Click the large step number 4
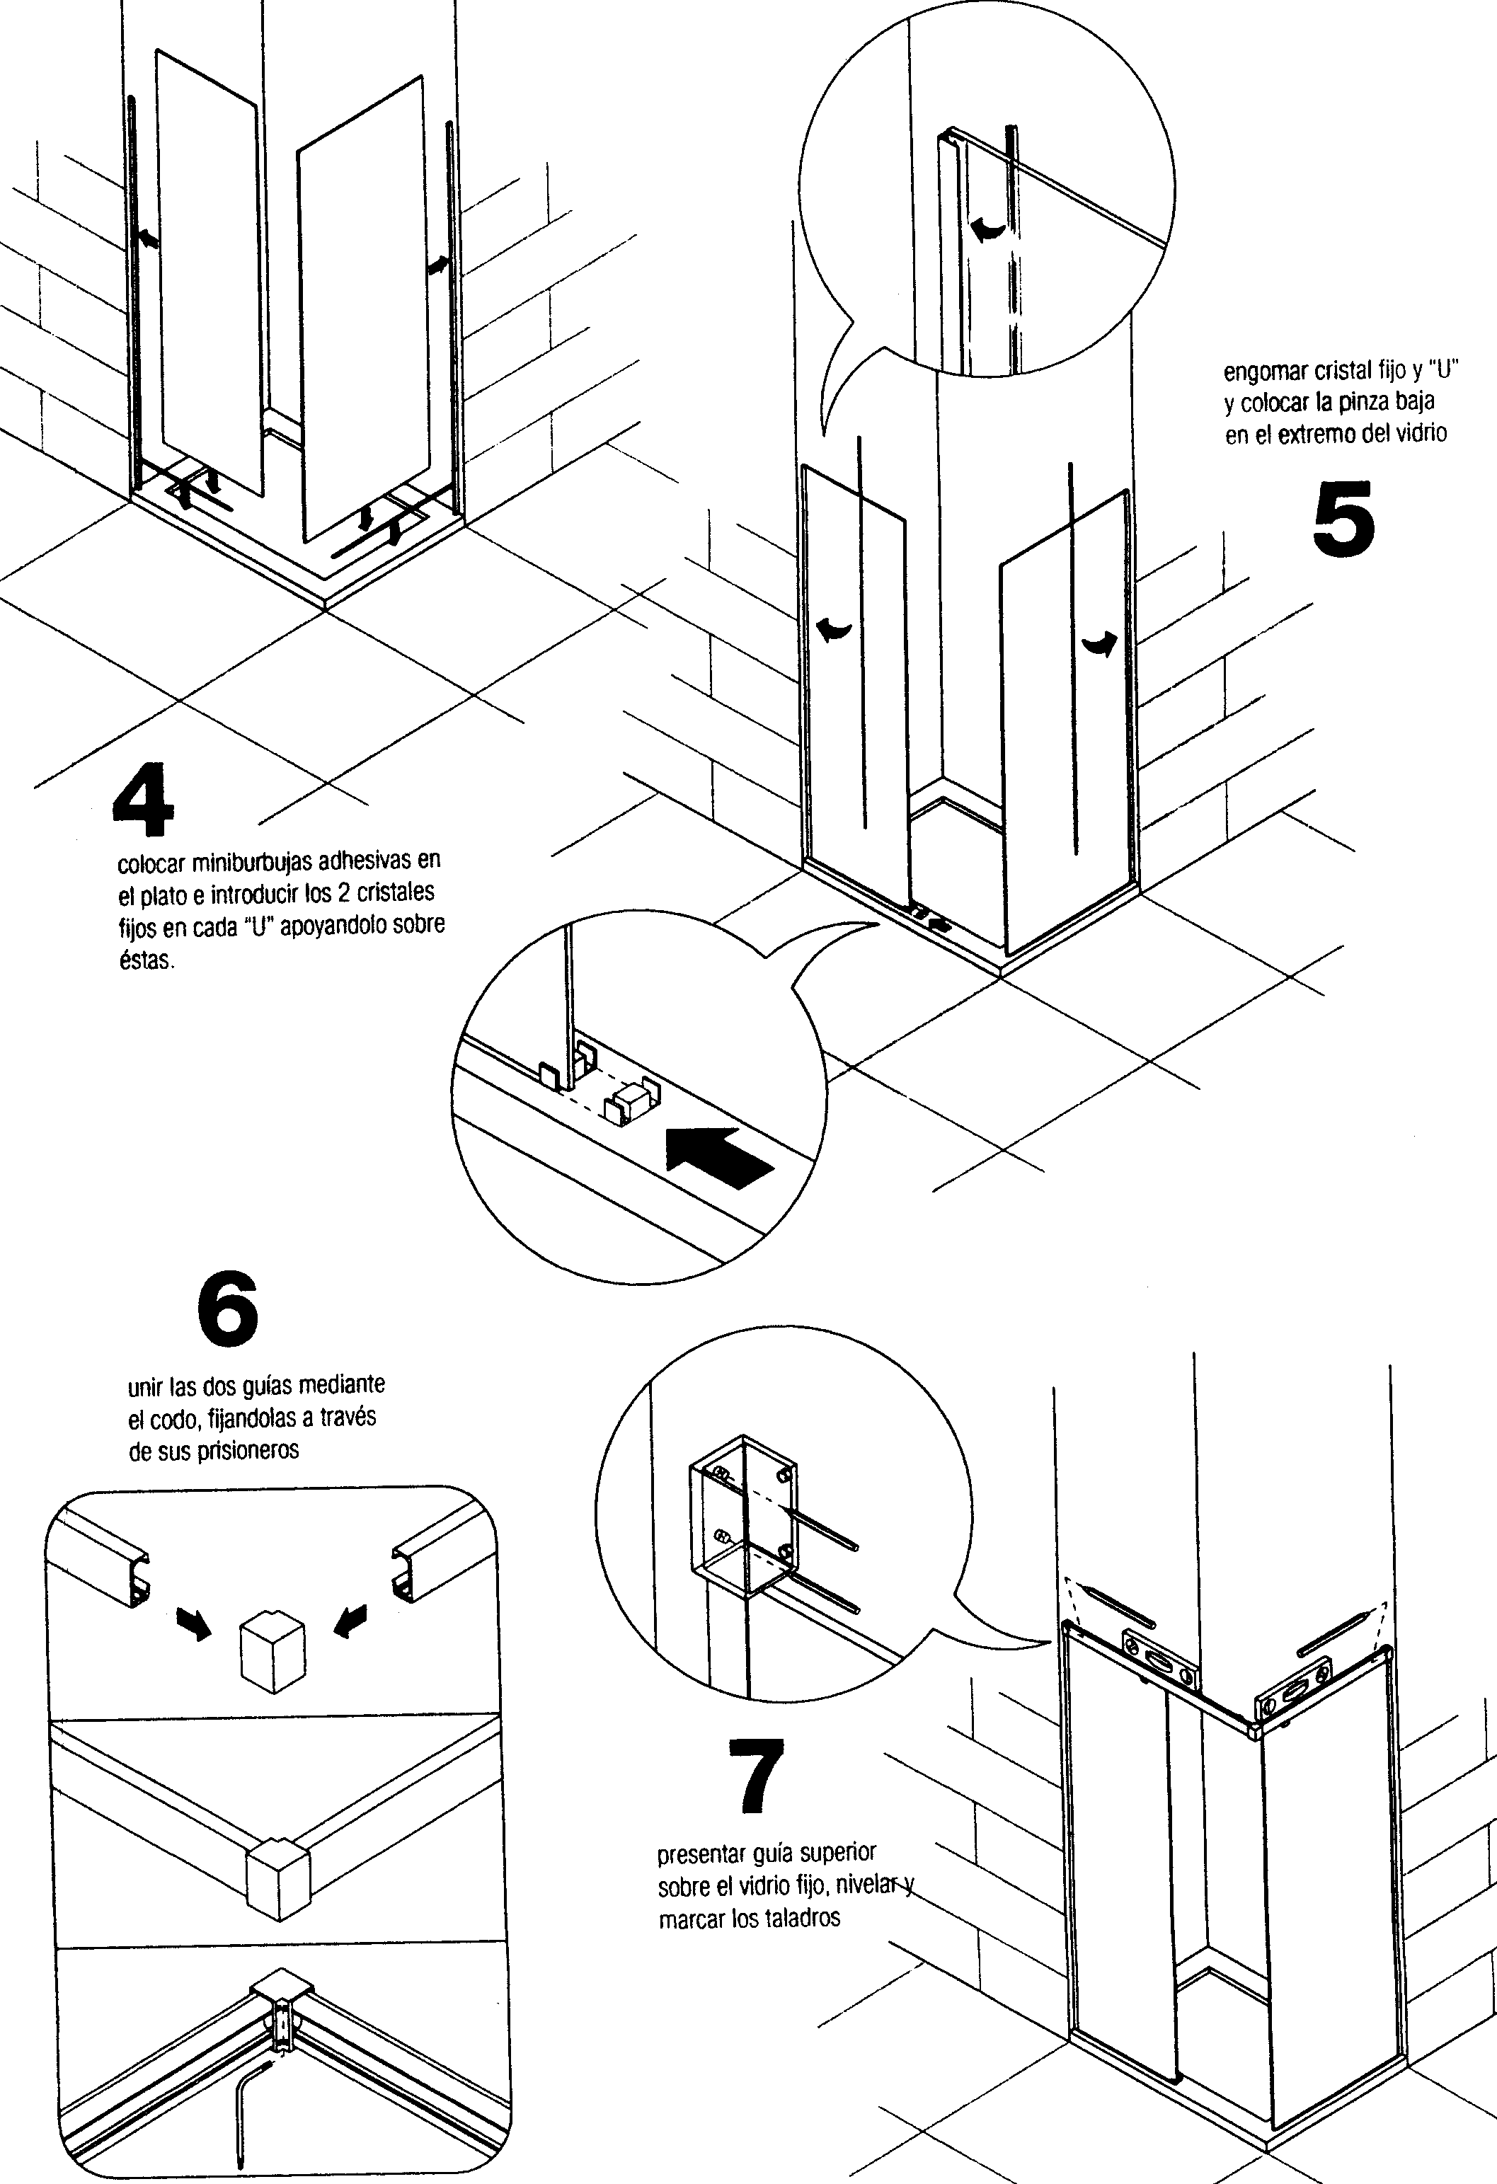[143, 803]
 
